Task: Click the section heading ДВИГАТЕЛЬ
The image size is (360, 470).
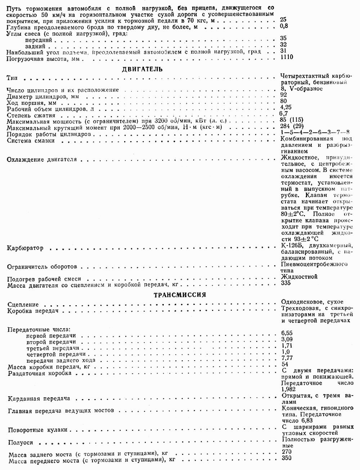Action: pos(143,69)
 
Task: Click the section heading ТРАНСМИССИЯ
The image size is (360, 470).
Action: pos(180,295)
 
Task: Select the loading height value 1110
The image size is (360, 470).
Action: pos(287,57)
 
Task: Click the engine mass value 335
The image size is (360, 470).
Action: pos(286,283)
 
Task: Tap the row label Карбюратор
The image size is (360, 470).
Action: pos(25,248)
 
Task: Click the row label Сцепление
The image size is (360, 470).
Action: pos(23,304)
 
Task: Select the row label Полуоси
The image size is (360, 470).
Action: pos(20,443)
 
